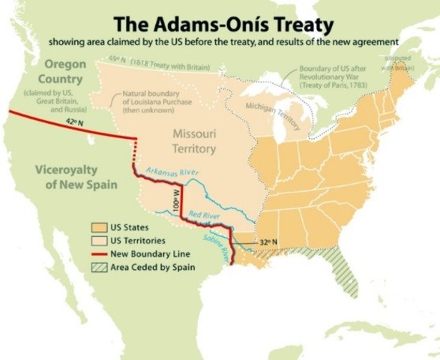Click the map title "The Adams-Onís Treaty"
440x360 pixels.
[220, 20]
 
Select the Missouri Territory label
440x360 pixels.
[193, 141]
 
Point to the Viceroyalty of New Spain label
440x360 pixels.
[66, 176]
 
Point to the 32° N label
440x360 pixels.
[268, 242]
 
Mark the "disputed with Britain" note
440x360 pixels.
[398, 62]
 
